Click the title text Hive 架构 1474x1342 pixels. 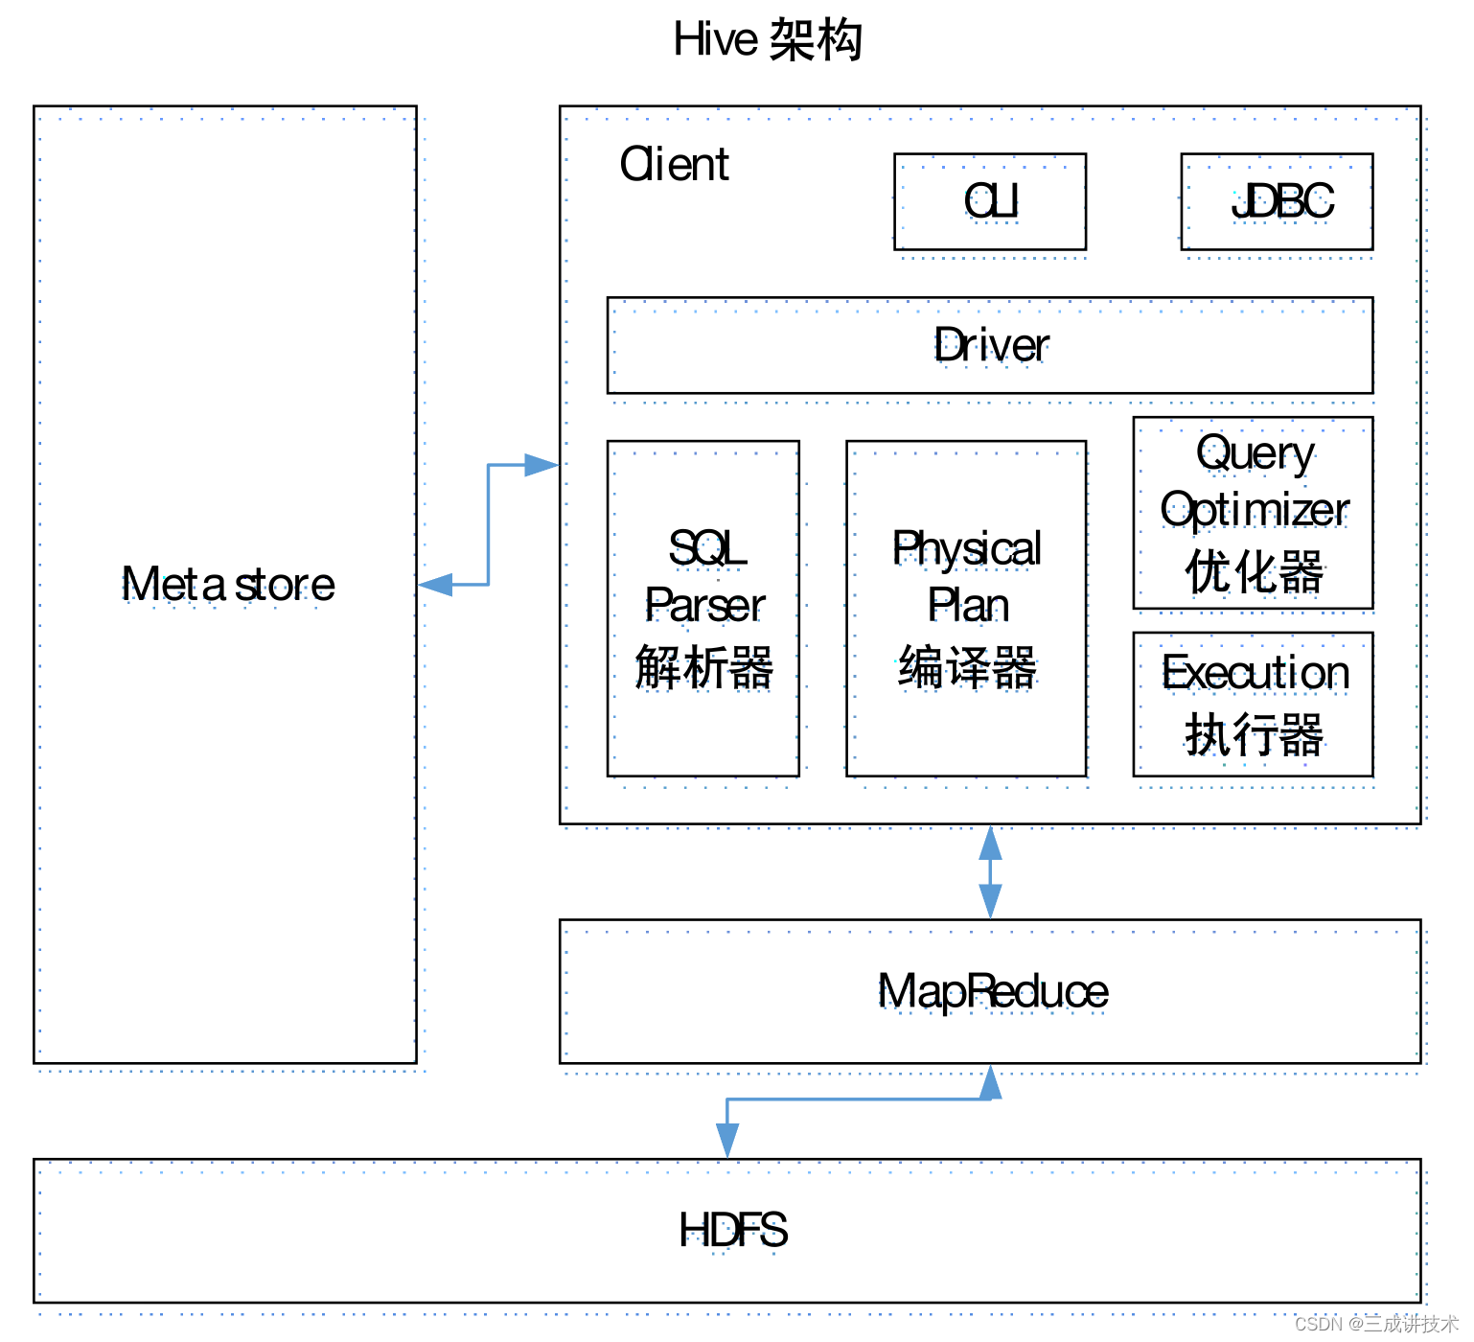[x=768, y=40]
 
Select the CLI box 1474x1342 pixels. [x=990, y=201]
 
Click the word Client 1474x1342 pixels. [x=674, y=164]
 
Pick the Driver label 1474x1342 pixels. [x=991, y=345]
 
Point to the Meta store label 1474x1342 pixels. [x=228, y=584]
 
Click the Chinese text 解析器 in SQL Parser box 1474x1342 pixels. [x=703, y=667]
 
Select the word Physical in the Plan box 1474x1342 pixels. [x=966, y=548]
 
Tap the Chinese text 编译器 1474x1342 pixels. [x=967, y=667]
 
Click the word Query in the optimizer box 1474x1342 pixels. [x=1255, y=452]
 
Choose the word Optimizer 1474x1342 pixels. [x=1255, y=510]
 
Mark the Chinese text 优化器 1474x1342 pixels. [x=1255, y=572]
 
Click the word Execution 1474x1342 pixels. [x=1255, y=672]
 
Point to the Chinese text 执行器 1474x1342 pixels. [x=1255, y=735]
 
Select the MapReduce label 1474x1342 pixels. [x=993, y=991]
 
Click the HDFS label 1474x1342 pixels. [x=733, y=1230]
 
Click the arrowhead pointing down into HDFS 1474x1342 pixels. [x=727, y=1141]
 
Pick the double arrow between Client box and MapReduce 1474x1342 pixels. [x=990, y=872]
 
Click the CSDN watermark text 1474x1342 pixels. [x=1375, y=1324]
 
